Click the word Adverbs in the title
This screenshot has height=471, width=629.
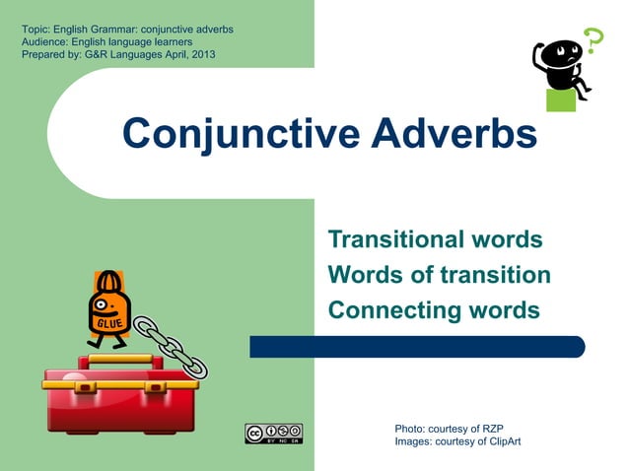454,134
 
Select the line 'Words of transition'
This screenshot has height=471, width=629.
439,275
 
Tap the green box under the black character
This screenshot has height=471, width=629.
561,100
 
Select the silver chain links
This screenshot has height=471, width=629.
170,345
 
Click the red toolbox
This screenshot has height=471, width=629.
121,399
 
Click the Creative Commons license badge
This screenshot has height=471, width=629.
273,434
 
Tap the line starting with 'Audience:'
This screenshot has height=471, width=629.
106,42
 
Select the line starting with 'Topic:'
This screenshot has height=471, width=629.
127,30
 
